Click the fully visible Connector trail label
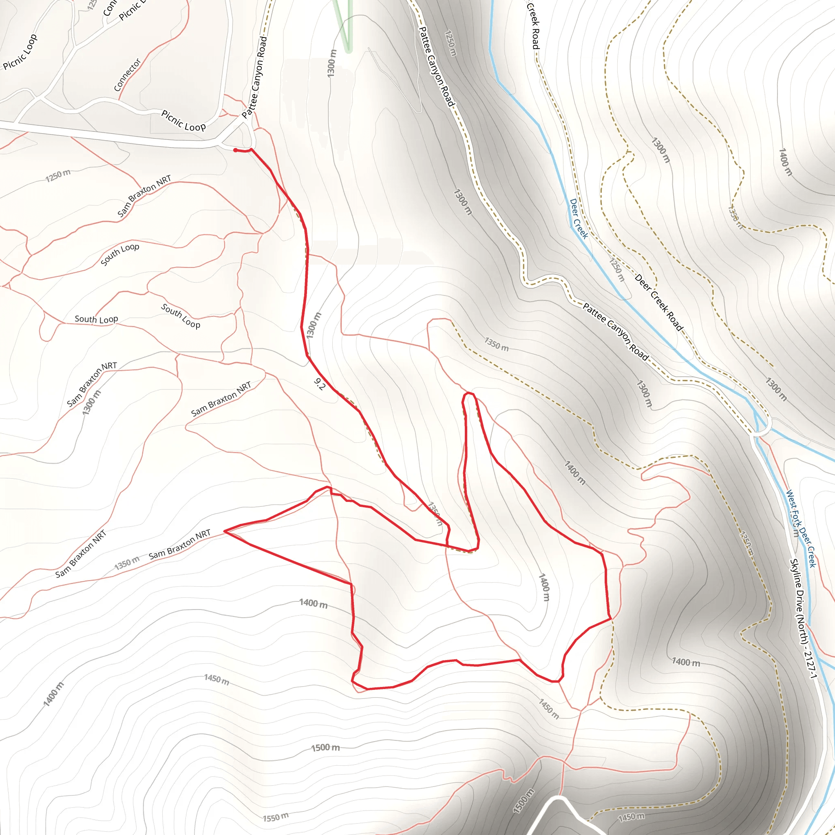coord(127,75)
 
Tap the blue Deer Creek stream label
coord(579,219)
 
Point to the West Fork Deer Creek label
coord(800,528)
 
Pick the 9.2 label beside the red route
coord(319,384)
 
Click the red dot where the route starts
coord(235,150)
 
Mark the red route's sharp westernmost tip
coord(224,531)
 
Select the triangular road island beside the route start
coord(237,137)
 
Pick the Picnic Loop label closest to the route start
coord(183,121)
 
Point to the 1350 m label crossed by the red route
coord(436,514)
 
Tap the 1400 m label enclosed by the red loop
coord(544,587)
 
